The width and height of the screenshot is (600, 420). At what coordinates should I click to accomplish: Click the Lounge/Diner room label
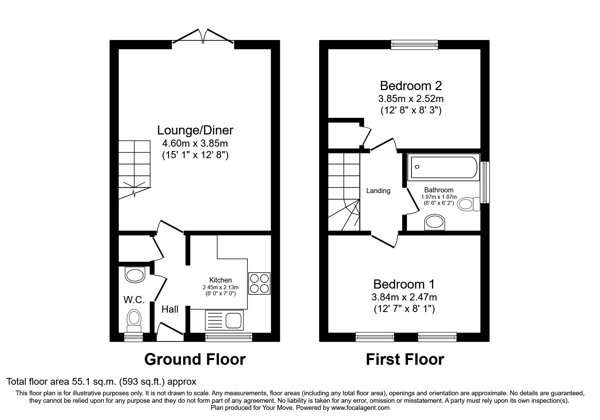tap(195, 130)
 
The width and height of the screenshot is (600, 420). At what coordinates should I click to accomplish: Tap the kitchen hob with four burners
tap(259, 283)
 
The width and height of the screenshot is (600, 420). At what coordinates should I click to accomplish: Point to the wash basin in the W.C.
tap(135, 275)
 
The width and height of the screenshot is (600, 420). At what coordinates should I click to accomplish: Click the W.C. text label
tap(134, 299)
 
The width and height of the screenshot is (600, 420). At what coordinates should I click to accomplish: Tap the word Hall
tap(170, 309)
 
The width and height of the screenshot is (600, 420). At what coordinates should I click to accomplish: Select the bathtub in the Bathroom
tap(444, 167)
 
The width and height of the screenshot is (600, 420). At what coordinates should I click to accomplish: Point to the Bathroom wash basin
tap(435, 222)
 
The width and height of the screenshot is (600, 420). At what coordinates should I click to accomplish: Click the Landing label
tap(378, 191)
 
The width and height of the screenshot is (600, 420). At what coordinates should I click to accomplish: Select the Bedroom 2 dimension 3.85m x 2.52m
tap(411, 99)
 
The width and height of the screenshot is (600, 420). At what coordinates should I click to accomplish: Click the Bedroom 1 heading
tap(404, 284)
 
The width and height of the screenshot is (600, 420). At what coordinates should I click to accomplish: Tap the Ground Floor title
tap(195, 359)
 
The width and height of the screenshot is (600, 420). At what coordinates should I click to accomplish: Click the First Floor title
tap(405, 359)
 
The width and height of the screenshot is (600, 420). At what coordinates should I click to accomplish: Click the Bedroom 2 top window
tap(414, 45)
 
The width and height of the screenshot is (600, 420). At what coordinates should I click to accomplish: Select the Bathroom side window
tap(486, 182)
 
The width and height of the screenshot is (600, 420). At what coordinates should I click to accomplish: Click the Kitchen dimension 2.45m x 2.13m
tap(220, 287)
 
